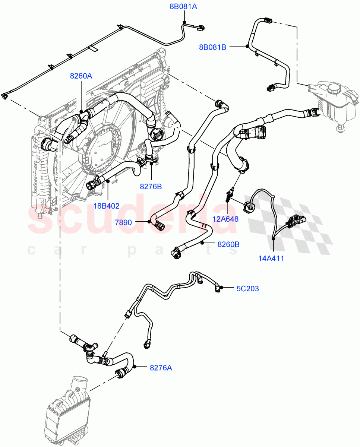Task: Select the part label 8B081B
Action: pyautogui.click(x=212, y=47)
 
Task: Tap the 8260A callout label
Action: pyautogui.click(x=81, y=76)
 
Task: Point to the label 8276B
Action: pyautogui.click(x=151, y=187)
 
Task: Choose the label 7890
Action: pyautogui.click(x=123, y=222)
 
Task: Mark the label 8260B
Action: pyautogui.click(x=228, y=244)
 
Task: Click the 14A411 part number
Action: pyautogui.click(x=271, y=258)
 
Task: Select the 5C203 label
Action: pyautogui.click(x=247, y=288)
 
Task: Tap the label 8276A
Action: pyautogui.click(x=161, y=368)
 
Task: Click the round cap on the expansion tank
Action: pyautogui.click(x=335, y=89)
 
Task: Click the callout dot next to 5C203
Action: pyautogui.click(x=221, y=287)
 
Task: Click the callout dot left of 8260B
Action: pyautogui.click(x=202, y=244)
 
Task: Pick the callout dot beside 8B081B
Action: pyautogui.click(x=247, y=46)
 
